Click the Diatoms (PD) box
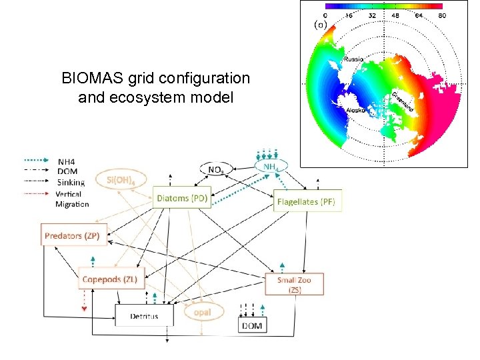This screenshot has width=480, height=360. [x=181, y=198]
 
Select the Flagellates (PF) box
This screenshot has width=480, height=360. [x=307, y=201]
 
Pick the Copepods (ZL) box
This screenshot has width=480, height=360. [x=110, y=280]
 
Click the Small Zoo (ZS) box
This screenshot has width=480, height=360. [x=294, y=285]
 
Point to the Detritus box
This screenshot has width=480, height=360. [x=144, y=315]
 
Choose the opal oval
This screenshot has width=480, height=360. [x=202, y=312]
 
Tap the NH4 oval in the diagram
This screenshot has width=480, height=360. [x=270, y=166]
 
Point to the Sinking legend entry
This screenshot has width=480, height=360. [x=71, y=181]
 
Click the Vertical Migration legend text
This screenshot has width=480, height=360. [x=73, y=198]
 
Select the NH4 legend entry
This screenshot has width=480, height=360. [x=67, y=161]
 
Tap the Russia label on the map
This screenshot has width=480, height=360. [x=353, y=59]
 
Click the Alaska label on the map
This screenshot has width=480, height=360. [x=355, y=111]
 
